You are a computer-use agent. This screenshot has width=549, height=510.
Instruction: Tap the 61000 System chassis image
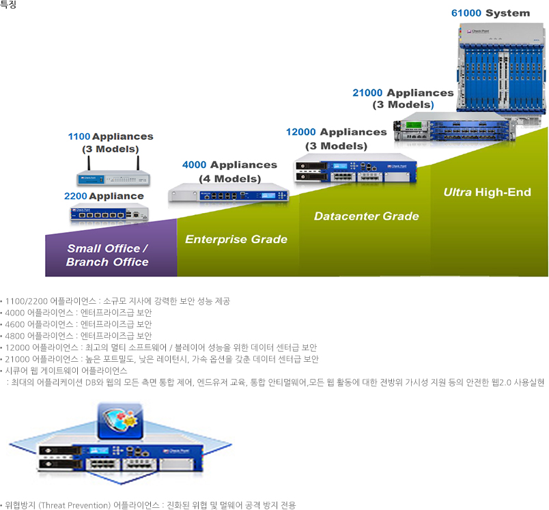(503, 68)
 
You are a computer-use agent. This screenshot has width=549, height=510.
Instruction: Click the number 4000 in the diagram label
(195, 165)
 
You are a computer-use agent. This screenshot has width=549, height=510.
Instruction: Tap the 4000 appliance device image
(229, 193)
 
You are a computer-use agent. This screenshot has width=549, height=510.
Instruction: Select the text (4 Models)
(229, 179)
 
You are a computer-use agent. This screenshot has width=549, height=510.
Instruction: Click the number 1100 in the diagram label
(79, 137)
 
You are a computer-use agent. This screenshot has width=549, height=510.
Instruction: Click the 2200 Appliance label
(104, 196)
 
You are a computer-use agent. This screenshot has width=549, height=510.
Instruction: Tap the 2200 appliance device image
(108, 214)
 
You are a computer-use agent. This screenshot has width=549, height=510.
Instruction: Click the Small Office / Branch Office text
(107, 255)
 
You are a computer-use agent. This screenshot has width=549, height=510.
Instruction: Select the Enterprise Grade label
(236, 239)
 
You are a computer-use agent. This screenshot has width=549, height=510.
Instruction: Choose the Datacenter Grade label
(366, 216)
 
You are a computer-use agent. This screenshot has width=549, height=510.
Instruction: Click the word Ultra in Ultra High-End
(458, 193)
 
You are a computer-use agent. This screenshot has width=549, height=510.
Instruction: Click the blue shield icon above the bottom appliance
(119, 421)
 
